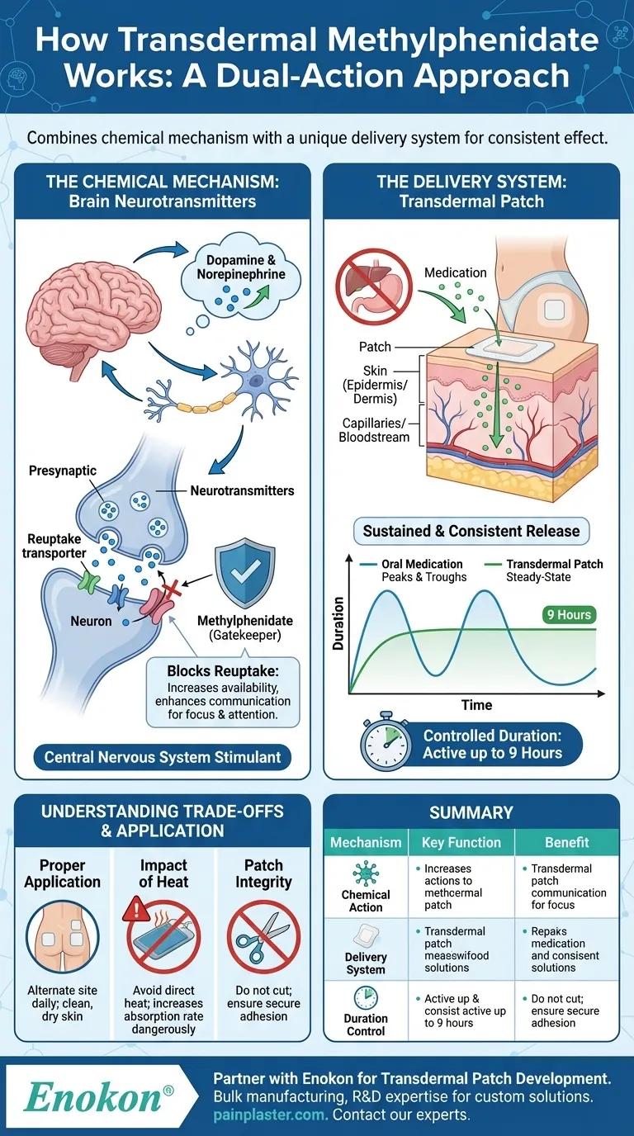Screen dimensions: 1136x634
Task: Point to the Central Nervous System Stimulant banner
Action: (162, 756)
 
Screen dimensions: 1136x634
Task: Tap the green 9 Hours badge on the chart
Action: (569, 614)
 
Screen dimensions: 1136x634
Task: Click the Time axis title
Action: (477, 705)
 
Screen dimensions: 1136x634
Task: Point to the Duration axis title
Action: (338, 624)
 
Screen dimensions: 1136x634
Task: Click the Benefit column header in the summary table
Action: (566, 843)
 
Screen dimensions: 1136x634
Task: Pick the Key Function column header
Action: (461, 843)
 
